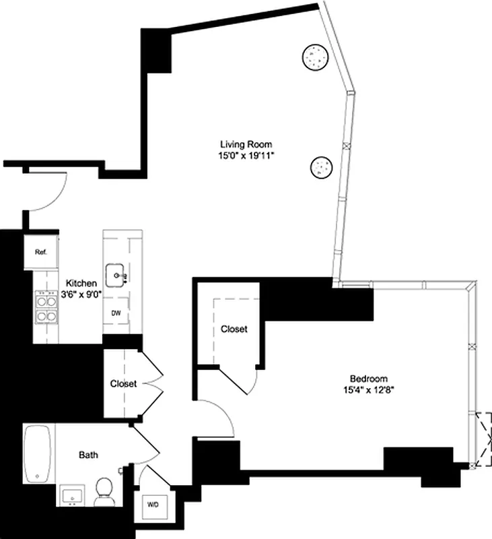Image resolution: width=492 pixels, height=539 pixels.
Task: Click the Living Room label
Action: (246, 144)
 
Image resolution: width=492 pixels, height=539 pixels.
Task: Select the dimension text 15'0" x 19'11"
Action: (246, 156)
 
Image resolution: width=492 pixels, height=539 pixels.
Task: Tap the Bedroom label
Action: (368, 379)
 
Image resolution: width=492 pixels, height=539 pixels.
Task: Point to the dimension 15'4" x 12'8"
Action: (368, 390)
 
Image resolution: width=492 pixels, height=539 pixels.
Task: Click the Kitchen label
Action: (81, 284)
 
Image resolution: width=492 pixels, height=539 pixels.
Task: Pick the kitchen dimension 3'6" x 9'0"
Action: (81, 295)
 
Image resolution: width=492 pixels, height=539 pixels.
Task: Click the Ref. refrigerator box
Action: (41, 252)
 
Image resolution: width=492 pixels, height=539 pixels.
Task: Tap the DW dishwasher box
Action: (116, 313)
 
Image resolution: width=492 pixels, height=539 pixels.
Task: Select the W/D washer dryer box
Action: (153, 503)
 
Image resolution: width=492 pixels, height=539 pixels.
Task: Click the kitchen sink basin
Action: (120, 276)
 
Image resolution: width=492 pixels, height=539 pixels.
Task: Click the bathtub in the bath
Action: (38, 455)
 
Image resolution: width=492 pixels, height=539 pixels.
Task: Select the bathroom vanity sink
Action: (71, 497)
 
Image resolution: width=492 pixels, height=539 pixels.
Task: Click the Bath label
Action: (88, 455)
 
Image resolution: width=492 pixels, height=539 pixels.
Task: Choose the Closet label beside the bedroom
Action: (234, 329)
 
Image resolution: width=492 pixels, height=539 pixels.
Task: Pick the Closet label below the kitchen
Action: (123, 384)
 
